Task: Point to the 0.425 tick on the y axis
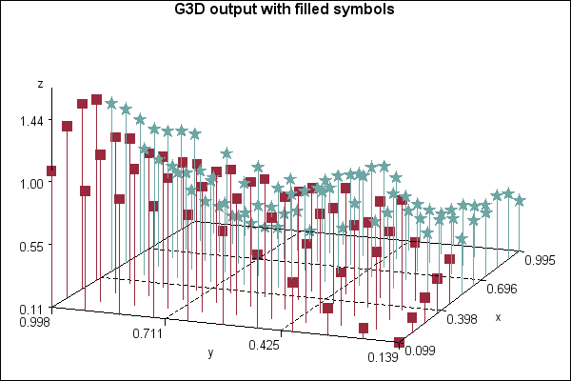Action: pos(264,345)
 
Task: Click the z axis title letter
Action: pos(40,84)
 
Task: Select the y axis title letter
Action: pos(210,353)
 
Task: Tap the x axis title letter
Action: pos(497,317)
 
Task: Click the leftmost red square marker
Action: pos(51,171)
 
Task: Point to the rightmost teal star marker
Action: pos(520,199)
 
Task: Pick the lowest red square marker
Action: pos(400,342)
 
